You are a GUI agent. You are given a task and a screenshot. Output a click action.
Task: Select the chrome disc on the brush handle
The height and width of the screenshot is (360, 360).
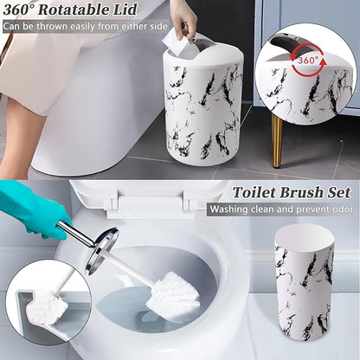[x=101, y=251]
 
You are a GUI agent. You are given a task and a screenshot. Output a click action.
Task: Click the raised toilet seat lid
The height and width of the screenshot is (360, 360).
[x=138, y=195]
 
